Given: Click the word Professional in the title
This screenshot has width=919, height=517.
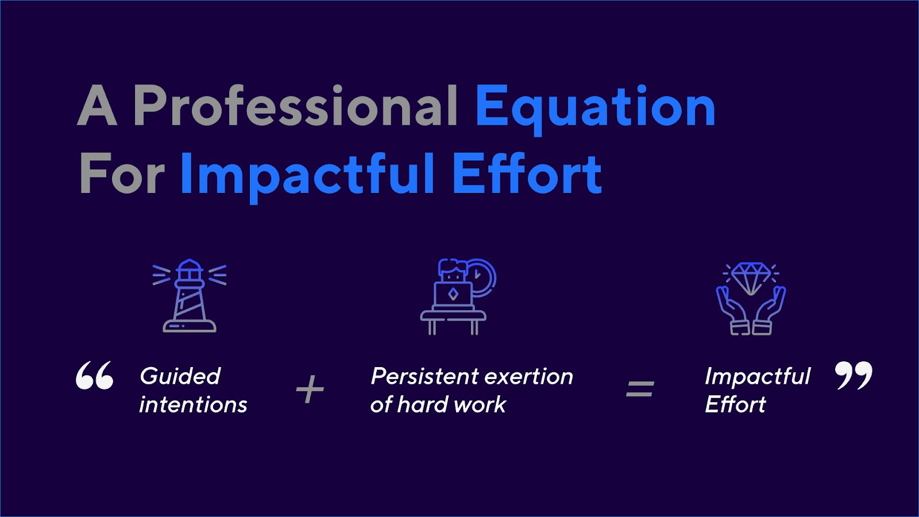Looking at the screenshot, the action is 295,105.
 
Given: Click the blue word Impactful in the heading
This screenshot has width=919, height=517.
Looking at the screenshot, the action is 307,178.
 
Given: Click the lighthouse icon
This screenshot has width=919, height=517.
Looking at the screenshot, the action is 190,295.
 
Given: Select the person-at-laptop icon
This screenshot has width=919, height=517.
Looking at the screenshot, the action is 458,296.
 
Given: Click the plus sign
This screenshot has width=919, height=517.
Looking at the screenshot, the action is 310,388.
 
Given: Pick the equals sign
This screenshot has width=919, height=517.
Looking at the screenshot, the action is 640,388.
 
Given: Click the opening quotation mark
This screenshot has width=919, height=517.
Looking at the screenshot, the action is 95,375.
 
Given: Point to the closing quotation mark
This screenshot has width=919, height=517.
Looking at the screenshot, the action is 854,375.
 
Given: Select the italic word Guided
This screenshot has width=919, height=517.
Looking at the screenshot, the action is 180,376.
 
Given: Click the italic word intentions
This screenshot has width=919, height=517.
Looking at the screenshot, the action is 193,404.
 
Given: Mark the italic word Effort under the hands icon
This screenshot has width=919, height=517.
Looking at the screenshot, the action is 735,404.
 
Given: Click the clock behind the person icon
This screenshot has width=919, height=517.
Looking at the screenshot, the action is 482,277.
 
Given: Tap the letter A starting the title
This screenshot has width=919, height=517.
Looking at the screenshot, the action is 97,105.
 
